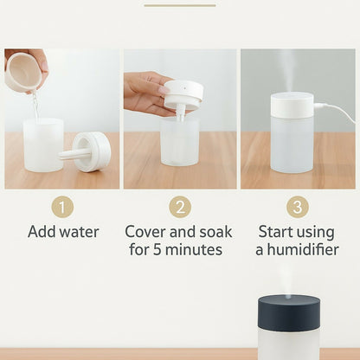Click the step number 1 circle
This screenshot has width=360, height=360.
click(62, 207)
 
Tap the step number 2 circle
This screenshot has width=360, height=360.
click(180, 207)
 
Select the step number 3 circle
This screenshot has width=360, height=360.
click(298, 207)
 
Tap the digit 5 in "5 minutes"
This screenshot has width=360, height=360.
click(157, 250)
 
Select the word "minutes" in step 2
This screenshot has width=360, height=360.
click(194, 250)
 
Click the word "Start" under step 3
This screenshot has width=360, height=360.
click(273, 232)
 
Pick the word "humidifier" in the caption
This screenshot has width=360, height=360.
click(303, 250)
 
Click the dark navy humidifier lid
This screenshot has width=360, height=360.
click(289, 312)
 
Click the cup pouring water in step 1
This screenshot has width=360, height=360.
click(24, 72)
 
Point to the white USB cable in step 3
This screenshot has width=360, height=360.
click(335, 111)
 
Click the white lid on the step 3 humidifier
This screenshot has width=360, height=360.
click(292, 106)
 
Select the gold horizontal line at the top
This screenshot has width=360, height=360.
click(180, 5)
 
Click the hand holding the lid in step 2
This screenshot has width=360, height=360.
click(147, 93)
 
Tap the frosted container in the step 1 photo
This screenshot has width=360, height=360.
click(43, 145)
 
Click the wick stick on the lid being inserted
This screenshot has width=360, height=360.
click(181, 113)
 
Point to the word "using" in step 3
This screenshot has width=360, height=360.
click(313, 233)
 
